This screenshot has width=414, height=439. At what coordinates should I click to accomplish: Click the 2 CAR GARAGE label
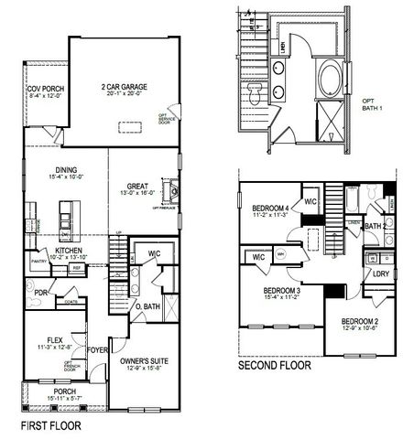click(125, 88)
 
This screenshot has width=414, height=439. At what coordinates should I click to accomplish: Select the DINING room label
click(65, 169)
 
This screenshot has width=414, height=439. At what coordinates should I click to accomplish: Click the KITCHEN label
click(70, 249)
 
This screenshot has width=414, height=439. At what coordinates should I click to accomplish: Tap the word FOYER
click(99, 348)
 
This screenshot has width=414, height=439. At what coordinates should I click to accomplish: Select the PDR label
click(40, 295)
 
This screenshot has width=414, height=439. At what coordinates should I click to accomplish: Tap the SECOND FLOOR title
click(274, 366)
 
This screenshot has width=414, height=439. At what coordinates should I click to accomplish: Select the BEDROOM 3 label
click(278, 291)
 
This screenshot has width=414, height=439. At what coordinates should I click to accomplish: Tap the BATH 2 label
click(375, 225)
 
